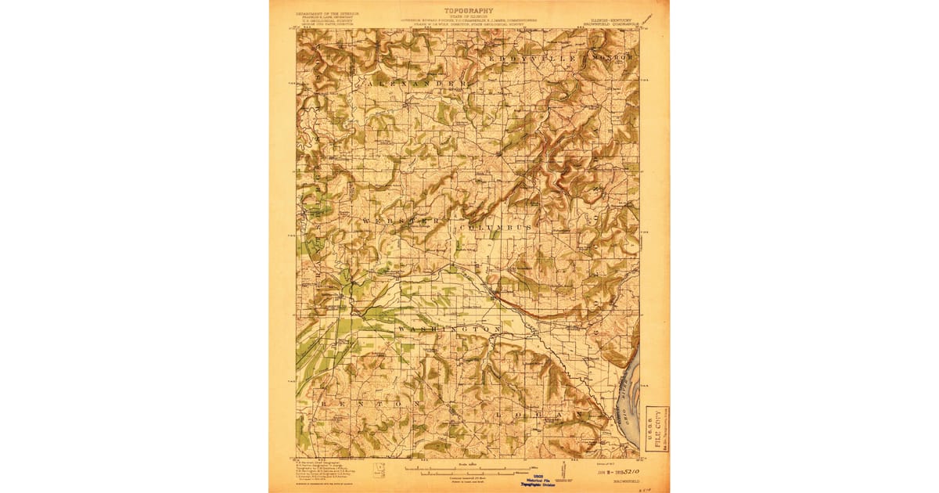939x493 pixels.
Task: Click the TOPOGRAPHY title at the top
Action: tap(469, 11)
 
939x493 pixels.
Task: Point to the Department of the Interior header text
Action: tap(328, 13)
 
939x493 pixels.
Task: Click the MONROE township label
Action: tap(613, 59)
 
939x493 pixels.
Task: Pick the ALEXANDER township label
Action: tap(417, 81)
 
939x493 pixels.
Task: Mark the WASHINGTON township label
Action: tap(449, 331)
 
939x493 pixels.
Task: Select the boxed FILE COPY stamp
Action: tap(657, 428)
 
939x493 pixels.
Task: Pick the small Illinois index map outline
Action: tap(380, 470)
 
